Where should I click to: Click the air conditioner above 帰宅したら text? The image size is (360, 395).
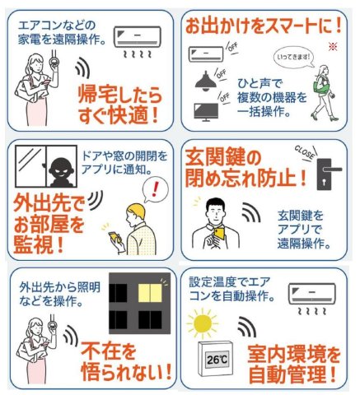click(138, 34)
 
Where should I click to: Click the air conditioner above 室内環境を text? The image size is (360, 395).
click(311, 295)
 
